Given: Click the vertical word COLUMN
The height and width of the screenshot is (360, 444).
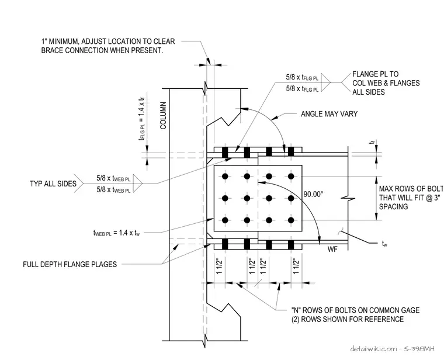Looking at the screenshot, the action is [163, 116].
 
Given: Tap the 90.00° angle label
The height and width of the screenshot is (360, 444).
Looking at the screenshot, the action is [313, 194].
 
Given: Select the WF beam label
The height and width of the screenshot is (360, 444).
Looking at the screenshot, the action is [332, 249].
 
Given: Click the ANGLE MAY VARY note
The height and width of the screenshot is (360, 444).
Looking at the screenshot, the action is [329, 114].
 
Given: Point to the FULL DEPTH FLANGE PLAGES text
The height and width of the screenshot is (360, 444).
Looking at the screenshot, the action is [70, 264].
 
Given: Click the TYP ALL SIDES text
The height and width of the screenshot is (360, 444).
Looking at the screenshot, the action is [53, 184].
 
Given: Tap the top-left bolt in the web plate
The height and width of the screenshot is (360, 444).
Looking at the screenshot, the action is [225, 176].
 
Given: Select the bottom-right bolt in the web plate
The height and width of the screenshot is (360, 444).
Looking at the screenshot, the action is [291, 220].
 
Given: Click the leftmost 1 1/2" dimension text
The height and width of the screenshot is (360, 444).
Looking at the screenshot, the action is [220, 266].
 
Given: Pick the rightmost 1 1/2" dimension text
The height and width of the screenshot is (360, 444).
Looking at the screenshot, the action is [296, 266].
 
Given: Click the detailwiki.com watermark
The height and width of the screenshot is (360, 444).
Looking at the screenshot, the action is [392, 349].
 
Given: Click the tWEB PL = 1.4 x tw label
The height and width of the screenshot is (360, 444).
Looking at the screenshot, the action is [116, 233].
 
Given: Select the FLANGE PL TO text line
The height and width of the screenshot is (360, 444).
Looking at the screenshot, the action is [376, 74].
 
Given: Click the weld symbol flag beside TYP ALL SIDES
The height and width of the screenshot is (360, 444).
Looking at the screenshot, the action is [137, 184].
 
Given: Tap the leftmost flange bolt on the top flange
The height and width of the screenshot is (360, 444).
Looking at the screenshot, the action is [225, 153].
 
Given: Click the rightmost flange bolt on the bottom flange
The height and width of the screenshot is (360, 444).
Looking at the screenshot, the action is [291, 244].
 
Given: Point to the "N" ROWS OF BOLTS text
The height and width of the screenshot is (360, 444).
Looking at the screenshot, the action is [355, 310].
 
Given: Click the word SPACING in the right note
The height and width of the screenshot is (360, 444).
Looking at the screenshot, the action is [393, 206].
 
